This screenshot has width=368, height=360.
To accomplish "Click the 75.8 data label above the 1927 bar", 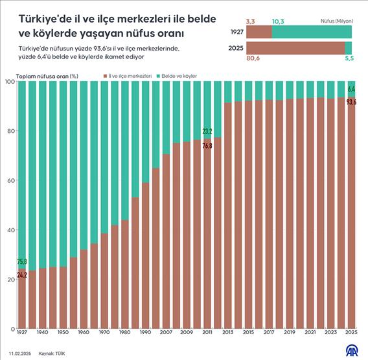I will pyautogui.click(x=22, y=261).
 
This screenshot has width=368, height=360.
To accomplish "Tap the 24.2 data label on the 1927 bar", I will pyautogui.click(x=22, y=275).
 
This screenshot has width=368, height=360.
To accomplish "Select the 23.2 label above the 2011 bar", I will pyautogui.click(x=207, y=132).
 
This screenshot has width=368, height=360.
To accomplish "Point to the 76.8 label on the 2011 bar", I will pyautogui.click(x=207, y=146).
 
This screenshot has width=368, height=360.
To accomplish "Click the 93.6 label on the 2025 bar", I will pyautogui.click(x=352, y=102).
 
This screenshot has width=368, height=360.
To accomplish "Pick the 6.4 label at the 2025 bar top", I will pyautogui.click(x=352, y=89).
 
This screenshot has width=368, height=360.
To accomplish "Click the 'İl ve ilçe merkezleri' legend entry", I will pyautogui.click(x=129, y=76).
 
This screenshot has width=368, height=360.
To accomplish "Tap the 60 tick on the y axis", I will pyautogui.click(x=10, y=180).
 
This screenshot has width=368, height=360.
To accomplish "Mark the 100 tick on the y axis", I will pyautogui.click(x=9, y=82).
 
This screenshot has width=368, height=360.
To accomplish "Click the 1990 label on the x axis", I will pyautogui.click(x=146, y=332).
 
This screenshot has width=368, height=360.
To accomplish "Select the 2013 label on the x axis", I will pyautogui.click(x=227, y=332).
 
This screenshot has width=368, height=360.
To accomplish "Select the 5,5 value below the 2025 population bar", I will pyautogui.click(x=348, y=58).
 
